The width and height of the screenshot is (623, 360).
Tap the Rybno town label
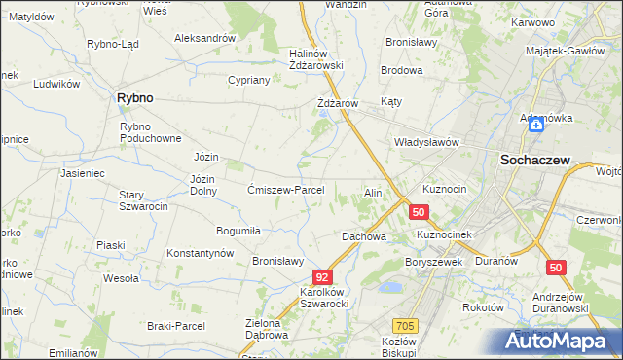(x=133, y=98)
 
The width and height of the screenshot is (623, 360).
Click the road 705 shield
(x=406, y=326)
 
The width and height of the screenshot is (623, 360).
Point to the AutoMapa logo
(x=558, y=342)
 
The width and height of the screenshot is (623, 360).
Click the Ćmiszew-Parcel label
(x=292, y=190)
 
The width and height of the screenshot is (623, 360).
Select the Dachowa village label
(x=364, y=236)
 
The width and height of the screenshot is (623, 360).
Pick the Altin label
(x=373, y=193)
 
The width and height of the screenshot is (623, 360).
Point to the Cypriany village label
(x=248, y=81)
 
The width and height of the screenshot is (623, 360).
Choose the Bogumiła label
(x=238, y=231)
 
